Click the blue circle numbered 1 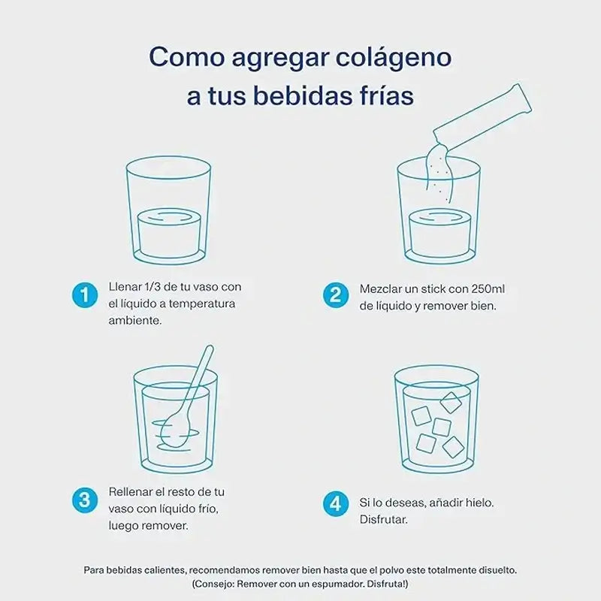coord(85,295)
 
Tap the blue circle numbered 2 coord(335,295)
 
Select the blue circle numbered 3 coord(85,500)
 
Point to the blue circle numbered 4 coord(335,503)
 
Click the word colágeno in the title coord(394,58)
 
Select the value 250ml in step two coord(488,289)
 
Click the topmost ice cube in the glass coord(451,403)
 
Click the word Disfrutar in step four coord(383,520)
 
